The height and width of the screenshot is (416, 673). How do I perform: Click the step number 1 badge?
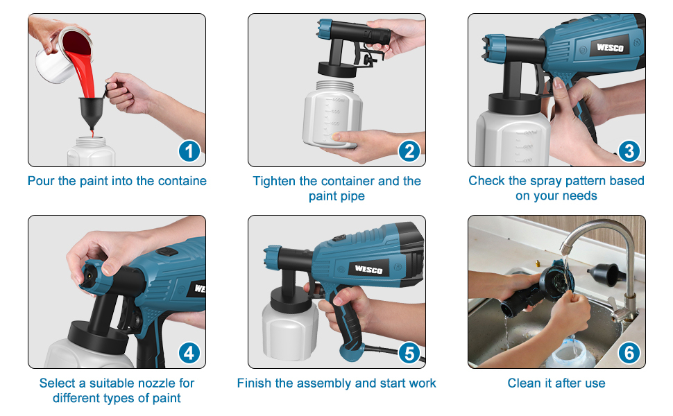189,151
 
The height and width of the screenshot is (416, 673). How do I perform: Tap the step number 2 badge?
409,151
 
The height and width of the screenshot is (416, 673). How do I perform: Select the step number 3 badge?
629,151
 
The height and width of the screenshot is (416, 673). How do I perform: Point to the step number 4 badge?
189,353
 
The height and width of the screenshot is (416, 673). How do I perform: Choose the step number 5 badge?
409,353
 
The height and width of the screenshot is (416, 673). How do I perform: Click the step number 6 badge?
629,353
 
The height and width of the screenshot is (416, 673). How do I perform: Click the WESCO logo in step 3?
610,48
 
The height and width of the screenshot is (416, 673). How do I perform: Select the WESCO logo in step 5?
368,268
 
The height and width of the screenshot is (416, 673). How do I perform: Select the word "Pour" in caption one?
40,181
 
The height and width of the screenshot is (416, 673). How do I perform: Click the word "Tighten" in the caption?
275,181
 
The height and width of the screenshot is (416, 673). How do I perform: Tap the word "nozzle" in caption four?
139,383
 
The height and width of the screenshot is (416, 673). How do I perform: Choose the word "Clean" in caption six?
524,383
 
